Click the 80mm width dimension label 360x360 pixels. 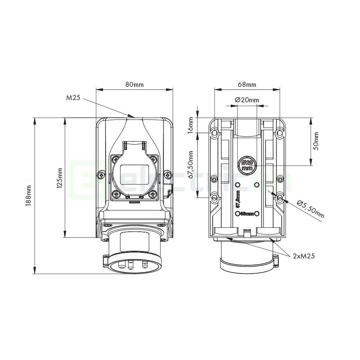tap(134, 84)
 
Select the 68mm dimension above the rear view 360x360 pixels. tap(247, 84)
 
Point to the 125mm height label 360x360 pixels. tap(59, 178)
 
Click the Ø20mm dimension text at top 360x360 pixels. tap(247, 100)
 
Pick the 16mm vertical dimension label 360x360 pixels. tap(191, 125)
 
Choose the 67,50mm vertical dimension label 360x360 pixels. tap(191, 165)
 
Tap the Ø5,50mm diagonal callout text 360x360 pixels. tap(310, 209)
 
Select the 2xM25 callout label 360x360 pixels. tap(304, 256)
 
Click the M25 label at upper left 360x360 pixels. tap(73, 98)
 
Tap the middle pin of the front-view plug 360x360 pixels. tap(130, 265)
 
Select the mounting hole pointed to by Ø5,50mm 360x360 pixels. tap(280, 198)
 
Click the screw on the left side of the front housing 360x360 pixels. tap(100, 175)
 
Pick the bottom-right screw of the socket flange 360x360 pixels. tap(152, 195)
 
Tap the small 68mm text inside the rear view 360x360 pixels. tap(247, 214)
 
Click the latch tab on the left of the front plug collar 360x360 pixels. tap(105, 260)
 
